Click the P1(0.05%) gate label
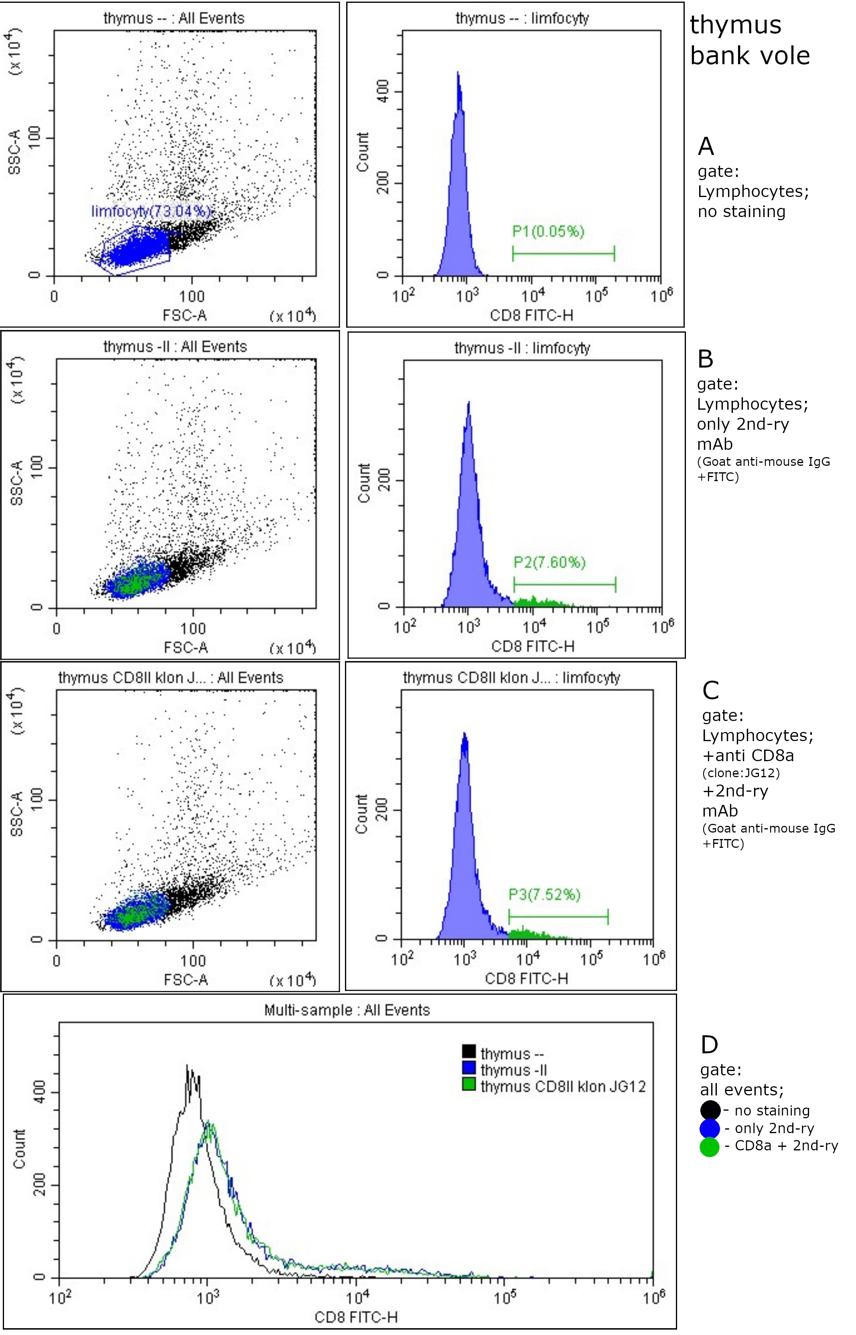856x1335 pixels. pos(548,231)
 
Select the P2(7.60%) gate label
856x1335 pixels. pos(549,562)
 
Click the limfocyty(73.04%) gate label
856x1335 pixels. pos(151,211)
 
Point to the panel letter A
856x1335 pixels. pos(706,146)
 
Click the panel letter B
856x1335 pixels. pos(705,359)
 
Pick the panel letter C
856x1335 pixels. pos(710,691)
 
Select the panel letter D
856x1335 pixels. pos(709,1045)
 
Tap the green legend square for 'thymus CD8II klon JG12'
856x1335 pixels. pos(469,1084)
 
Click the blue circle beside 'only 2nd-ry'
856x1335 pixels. pos(710,1128)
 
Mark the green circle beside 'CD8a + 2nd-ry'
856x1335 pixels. pos(710,1146)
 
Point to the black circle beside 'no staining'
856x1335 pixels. pos(710,1110)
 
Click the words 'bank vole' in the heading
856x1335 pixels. pos(750,56)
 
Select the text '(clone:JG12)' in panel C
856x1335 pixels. pos(741,773)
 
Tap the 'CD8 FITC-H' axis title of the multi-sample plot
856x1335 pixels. pos(356,1317)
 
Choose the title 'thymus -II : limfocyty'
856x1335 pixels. pos(522,348)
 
